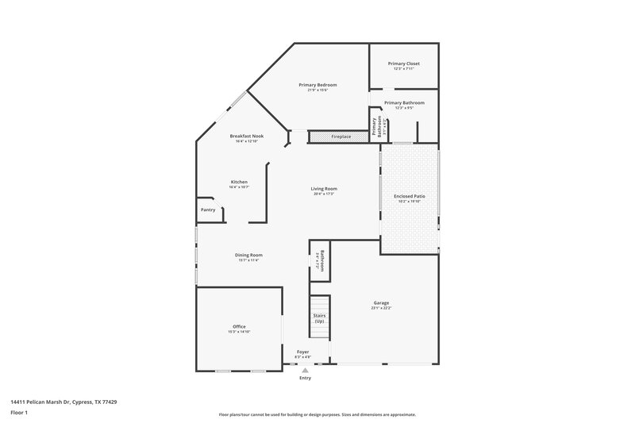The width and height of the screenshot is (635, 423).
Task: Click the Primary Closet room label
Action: click(403, 63)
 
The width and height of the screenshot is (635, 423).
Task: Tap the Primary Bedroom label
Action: click(317, 85)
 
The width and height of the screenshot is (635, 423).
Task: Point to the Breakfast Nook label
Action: click(247, 137)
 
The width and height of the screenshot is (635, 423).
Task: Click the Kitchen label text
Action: click(239, 182)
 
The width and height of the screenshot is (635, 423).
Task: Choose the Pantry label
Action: click(208, 210)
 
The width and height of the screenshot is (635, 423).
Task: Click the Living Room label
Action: click(324, 189)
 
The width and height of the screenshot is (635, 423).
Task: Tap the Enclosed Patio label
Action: click(410, 196)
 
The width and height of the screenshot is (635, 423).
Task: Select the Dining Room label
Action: click(248, 255)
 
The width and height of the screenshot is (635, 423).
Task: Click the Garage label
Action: click(381, 302)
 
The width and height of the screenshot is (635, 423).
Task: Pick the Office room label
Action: click(239, 326)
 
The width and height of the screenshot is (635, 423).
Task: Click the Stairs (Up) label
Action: click(319, 318)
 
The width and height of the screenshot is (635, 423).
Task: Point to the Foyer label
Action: click(302, 352)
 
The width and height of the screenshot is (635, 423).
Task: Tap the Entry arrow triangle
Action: click(305, 370)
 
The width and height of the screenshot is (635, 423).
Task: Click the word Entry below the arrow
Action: click(305, 378)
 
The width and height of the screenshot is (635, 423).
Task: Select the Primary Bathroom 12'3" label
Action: click(404, 103)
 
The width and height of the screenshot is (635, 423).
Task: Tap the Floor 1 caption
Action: click(20, 413)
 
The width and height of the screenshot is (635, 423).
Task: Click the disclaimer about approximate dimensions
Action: click(317, 414)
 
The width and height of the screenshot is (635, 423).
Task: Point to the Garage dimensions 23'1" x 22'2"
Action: click(381, 308)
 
